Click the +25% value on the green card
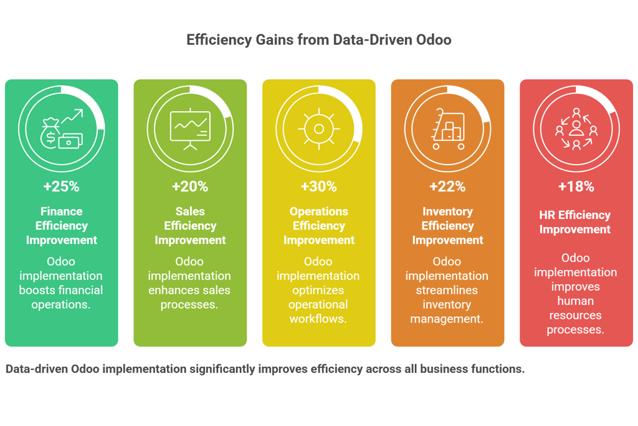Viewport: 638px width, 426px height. tap(61, 186)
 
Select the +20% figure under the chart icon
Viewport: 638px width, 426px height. tap(190, 186)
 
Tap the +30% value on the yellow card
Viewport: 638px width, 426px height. tap(318, 186)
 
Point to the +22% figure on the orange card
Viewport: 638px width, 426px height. tap(447, 186)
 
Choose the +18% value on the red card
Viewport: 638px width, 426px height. tap(576, 186)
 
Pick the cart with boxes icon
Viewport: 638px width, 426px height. tap(447, 129)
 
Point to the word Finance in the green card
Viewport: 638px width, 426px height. tap(62, 211)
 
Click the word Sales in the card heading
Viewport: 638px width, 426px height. tap(190, 211)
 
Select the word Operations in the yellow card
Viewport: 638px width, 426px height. tap(319, 211)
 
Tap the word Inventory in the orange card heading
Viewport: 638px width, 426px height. tap(447, 211)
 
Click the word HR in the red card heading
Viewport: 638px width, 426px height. tap(548, 215)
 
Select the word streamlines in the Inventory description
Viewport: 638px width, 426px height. tap(447, 290)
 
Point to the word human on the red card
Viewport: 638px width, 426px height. tap(576, 301)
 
